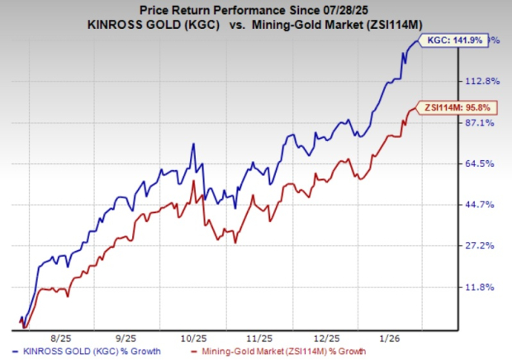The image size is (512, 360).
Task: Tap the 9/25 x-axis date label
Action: [127, 338]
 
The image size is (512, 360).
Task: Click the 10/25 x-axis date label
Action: [194, 338]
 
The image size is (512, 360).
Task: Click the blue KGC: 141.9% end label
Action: [458, 40]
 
